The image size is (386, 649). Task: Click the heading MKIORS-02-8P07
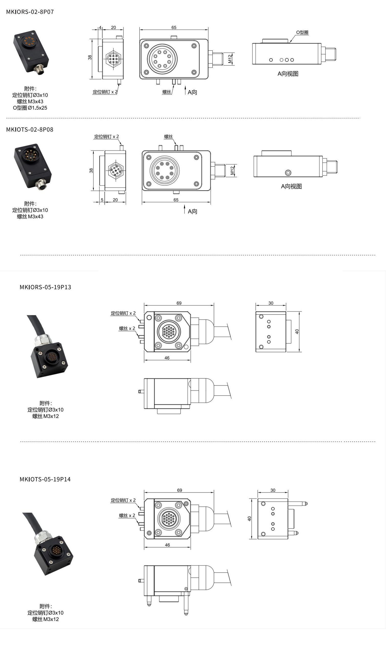coord(30,12)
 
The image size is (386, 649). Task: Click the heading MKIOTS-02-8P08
coord(30,129)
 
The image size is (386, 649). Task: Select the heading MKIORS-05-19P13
coord(45,287)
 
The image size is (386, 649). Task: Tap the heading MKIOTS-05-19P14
coord(45,479)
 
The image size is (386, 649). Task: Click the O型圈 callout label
coord(302,32)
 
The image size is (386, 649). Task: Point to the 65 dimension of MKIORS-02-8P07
coord(174,27)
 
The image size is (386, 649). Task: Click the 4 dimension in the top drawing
coord(100,27)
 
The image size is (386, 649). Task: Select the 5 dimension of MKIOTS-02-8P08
coord(102,200)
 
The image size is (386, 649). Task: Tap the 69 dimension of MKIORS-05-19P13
coord(179,303)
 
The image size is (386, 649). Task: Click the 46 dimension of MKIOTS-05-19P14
coord(167,544)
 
